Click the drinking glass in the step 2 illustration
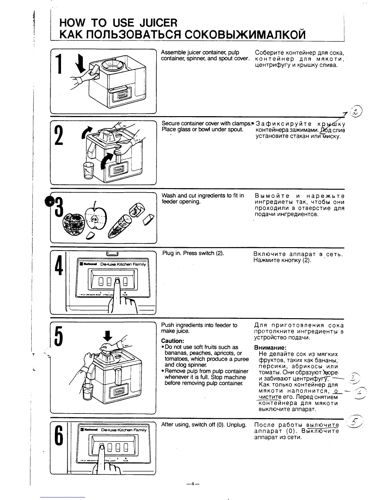pos(88,171)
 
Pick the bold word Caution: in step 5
pos(173,341)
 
